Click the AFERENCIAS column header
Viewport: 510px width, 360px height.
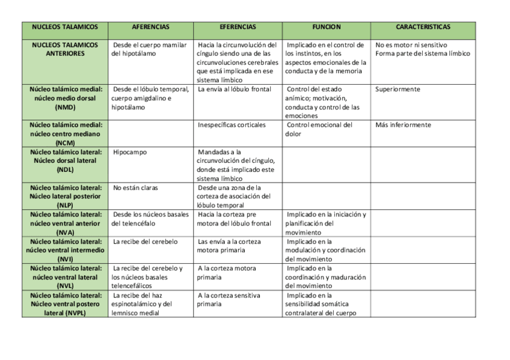point(150,27)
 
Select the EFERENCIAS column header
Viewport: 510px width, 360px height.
point(238,27)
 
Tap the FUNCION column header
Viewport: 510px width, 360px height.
point(326,27)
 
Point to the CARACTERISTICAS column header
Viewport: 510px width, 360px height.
point(423,27)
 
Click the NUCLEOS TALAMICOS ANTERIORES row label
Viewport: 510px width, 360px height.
point(65,49)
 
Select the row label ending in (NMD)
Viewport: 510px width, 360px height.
point(65,98)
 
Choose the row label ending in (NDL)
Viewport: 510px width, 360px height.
point(65,161)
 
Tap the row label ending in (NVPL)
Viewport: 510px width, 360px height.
point(65,304)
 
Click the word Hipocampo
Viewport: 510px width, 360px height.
point(130,153)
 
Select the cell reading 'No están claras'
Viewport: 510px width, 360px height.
point(135,188)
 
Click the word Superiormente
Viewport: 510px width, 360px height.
point(398,90)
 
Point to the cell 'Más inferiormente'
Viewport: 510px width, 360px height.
point(403,125)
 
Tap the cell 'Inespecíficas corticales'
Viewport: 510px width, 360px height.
point(231,125)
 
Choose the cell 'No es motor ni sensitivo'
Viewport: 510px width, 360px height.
point(411,45)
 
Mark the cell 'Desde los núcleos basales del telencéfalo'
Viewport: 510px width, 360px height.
point(150,219)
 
